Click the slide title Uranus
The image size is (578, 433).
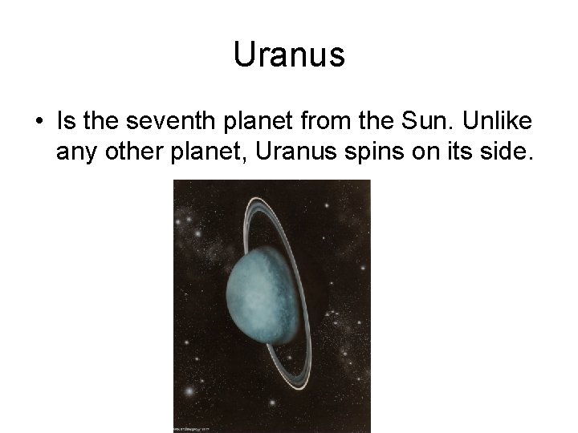289,55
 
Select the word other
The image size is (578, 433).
130,150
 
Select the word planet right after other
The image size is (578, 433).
206,152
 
